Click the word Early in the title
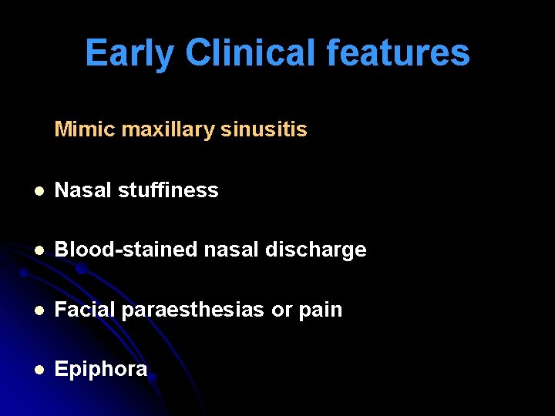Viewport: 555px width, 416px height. coord(129,54)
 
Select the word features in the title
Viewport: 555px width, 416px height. coord(398,54)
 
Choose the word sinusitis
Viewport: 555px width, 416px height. coord(264,129)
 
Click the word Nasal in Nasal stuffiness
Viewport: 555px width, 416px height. coord(83,190)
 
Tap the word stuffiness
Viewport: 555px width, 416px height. coord(168,190)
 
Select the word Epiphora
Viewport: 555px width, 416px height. coord(101,370)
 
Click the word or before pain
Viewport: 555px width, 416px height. coord(281,310)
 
